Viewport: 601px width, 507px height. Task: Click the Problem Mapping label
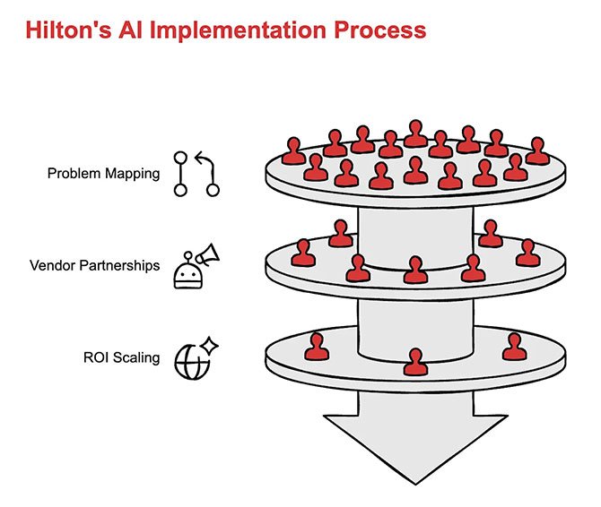(x=103, y=173)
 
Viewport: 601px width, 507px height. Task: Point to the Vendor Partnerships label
(x=94, y=265)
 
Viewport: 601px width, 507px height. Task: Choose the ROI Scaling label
(x=122, y=357)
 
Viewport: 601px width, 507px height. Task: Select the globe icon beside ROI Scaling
(x=190, y=362)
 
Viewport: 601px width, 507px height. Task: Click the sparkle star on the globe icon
(x=210, y=345)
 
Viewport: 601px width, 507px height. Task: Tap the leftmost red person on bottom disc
(x=316, y=346)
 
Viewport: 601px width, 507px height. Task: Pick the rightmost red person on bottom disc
(x=514, y=346)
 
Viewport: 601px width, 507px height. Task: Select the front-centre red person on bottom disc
(x=414, y=361)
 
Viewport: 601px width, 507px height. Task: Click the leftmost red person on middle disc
(x=303, y=253)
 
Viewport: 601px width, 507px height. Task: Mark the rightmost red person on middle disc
(x=527, y=253)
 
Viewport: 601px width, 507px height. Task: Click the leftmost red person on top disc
(x=293, y=150)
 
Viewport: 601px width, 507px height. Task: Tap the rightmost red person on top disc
(x=536, y=150)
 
